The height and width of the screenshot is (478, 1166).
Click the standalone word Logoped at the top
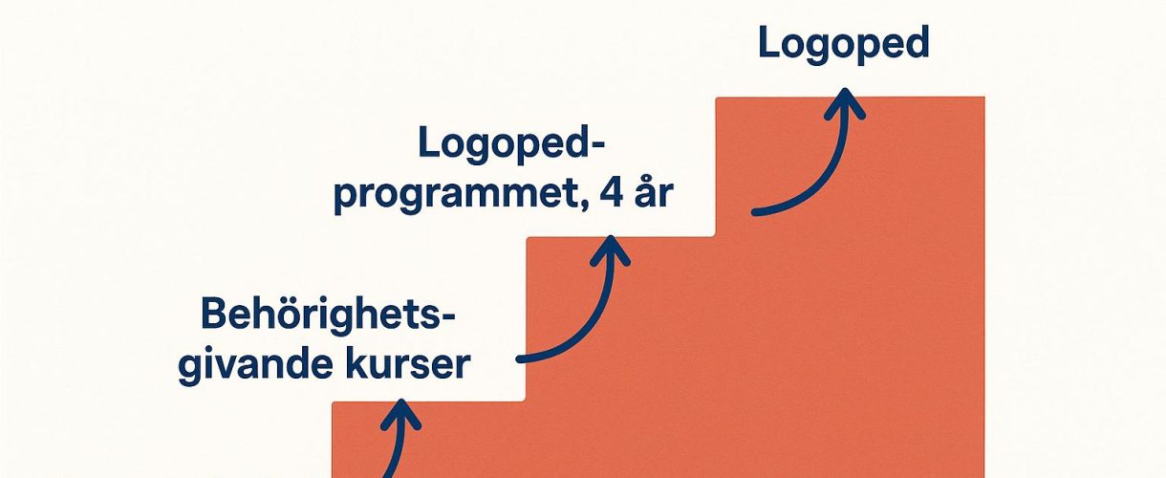(x=843, y=45)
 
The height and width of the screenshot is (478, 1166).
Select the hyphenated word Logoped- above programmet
(x=514, y=146)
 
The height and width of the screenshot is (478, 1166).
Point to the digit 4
(x=607, y=194)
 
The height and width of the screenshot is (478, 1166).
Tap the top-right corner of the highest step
(x=983, y=98)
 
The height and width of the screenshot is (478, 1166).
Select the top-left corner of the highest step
(x=718, y=98)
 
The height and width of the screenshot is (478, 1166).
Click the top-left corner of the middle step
(x=528, y=237)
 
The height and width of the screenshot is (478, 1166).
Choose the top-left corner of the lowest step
(x=334, y=402)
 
